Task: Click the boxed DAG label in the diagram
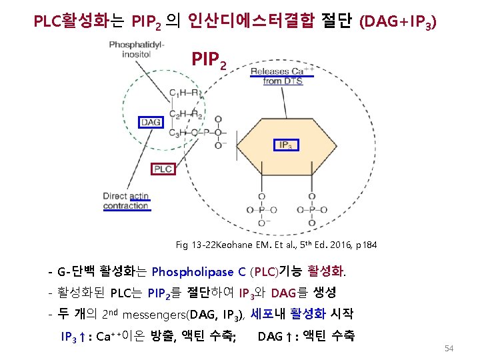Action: pos(151,122)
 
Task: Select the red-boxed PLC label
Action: pos(163,169)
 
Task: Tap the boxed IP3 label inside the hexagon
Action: pos(286,145)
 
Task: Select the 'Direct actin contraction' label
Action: pos(126,201)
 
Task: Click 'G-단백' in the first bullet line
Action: pos(76,271)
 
